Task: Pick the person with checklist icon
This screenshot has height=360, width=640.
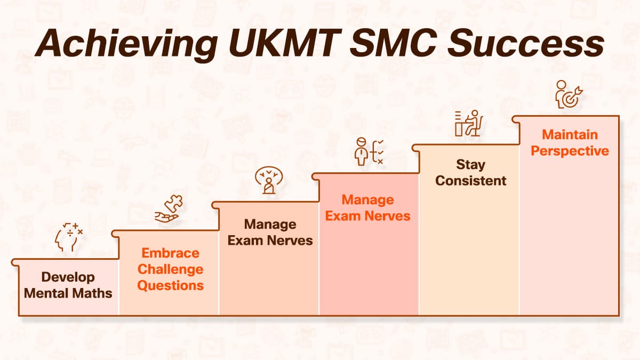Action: click(x=369, y=151)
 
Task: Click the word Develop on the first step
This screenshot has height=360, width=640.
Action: click(x=68, y=277)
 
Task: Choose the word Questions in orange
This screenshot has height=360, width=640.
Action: click(x=171, y=285)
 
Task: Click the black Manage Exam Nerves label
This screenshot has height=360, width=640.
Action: click(x=270, y=232)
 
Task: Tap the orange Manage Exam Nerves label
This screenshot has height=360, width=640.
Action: click(x=368, y=208)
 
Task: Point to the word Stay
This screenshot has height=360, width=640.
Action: click(x=470, y=164)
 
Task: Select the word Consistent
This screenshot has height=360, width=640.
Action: click(x=470, y=180)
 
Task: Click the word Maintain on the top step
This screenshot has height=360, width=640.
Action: click(x=570, y=134)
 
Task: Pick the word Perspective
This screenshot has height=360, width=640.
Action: click(x=570, y=150)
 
